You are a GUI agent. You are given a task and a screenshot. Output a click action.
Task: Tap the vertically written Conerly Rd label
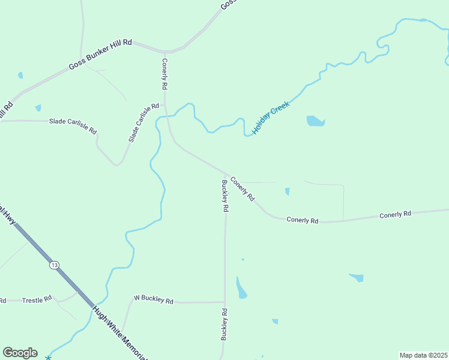coord(164,74)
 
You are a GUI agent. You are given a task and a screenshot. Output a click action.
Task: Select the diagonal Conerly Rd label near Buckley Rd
coord(243,189)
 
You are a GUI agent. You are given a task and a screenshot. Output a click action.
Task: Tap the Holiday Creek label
coord(271,117)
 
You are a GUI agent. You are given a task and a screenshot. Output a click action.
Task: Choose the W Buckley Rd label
coord(153,299)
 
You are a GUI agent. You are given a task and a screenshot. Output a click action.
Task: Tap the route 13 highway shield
coord(55,265)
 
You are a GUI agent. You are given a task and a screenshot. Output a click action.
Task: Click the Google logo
coord(20,353)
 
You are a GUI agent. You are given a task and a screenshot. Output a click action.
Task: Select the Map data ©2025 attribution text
coord(424,355)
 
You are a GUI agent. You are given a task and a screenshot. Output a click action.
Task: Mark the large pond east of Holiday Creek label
coord(315,121)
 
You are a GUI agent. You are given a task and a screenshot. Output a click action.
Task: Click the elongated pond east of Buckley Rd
coord(241,289)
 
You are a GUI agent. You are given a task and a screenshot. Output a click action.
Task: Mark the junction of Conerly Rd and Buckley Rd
coord(225,174)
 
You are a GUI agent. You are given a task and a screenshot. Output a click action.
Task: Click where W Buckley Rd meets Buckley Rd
coord(224,302)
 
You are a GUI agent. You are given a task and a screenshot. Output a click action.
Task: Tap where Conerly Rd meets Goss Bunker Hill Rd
coord(164,51)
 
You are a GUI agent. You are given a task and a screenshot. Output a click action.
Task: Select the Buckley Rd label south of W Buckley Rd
coord(224,324)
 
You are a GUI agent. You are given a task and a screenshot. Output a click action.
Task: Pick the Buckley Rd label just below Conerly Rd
coord(225,196)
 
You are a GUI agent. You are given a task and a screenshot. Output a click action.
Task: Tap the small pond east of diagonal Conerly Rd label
coord(287,191)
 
